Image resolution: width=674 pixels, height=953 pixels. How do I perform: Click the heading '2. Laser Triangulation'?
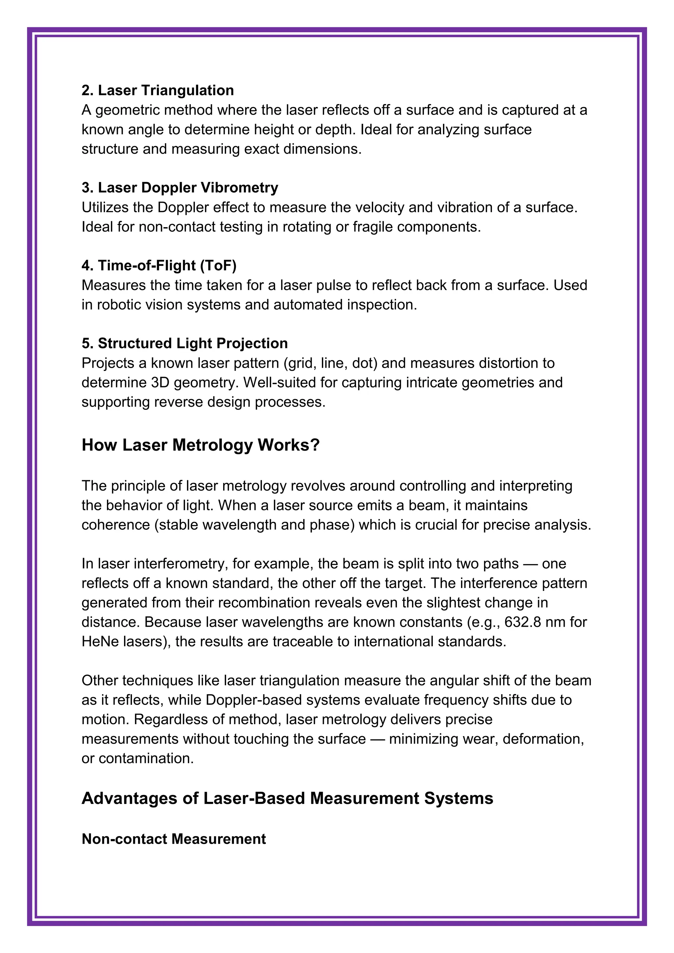[x=158, y=91]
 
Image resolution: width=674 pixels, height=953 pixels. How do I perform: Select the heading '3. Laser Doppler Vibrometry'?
[x=180, y=188]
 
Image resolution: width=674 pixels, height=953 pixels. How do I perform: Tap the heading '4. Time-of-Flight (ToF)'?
[x=159, y=266]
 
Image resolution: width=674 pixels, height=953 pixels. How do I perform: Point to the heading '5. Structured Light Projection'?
[x=185, y=343]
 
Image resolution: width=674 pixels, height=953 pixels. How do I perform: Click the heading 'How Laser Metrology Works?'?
[x=200, y=445]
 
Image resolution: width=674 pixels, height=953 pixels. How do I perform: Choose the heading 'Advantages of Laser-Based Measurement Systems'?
[x=287, y=798]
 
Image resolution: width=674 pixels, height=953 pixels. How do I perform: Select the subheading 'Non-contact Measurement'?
[x=174, y=839]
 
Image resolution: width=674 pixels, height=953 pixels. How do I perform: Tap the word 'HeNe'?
[x=100, y=642]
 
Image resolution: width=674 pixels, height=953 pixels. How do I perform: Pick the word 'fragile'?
[x=372, y=227]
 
